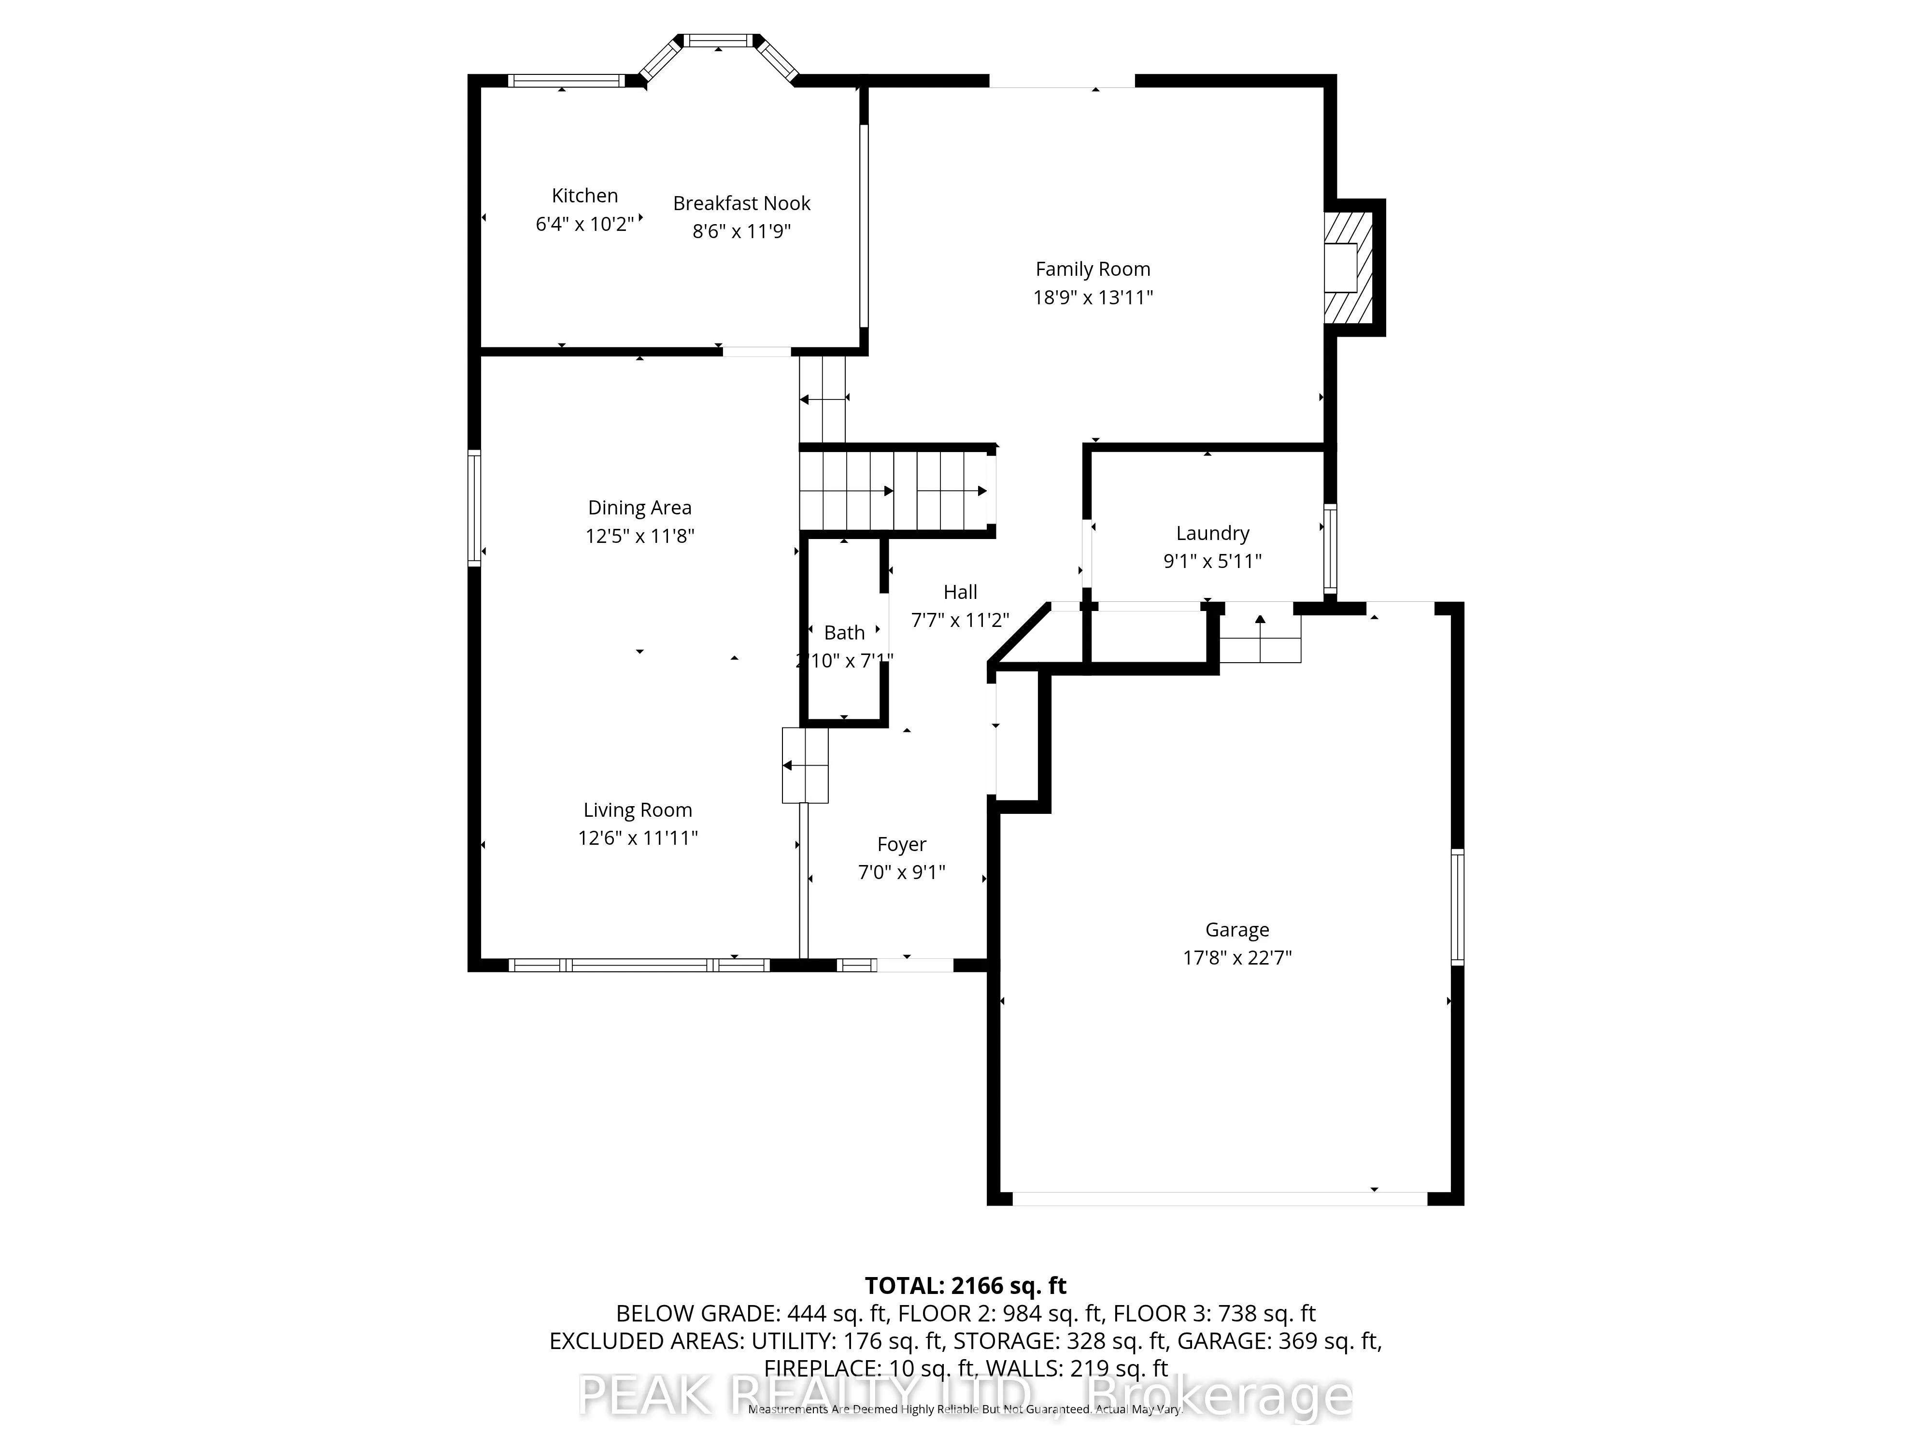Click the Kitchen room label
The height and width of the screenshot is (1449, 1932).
(x=584, y=196)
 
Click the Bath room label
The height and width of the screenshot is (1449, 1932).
(x=844, y=632)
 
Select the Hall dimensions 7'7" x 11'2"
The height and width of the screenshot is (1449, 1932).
(x=959, y=620)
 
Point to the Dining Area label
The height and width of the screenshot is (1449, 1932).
(x=639, y=508)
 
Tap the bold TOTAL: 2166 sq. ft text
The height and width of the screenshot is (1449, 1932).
(x=965, y=1286)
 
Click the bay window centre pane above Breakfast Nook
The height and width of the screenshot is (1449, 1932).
(x=717, y=40)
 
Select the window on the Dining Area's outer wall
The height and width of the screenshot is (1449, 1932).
(x=474, y=508)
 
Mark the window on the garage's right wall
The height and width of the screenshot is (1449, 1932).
(x=1457, y=907)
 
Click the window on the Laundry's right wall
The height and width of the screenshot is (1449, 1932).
(x=1329, y=549)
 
